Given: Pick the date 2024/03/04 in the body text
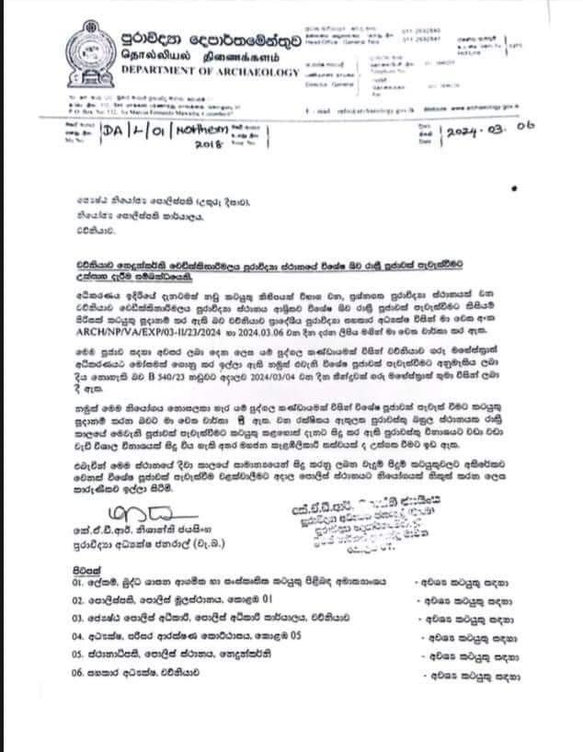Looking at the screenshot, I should click(296, 367).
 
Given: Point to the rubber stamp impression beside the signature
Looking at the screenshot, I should click(363, 518).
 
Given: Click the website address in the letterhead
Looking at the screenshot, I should click(488, 108).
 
